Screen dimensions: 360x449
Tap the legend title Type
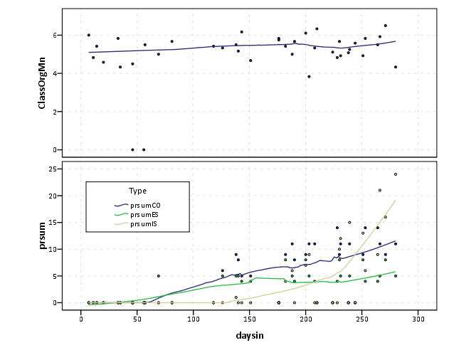138,191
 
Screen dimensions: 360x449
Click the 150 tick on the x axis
250,318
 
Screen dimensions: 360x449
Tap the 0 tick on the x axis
80,318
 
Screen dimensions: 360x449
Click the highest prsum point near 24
396,174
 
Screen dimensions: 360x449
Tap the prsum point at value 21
380,190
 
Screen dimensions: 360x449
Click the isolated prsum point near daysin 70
159,276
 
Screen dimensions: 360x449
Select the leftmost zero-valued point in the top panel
132,149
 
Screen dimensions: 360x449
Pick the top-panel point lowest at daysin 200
309,76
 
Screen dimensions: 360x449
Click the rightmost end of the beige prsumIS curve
396,200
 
